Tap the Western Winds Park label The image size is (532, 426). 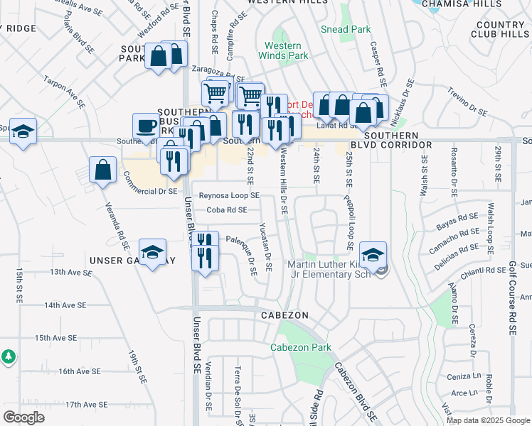pos(283,50)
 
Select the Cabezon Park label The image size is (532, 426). pos(300,348)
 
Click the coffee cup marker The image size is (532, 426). pos(147,126)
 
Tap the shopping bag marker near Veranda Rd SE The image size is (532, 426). pos(103,170)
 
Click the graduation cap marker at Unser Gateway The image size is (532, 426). pos(153,254)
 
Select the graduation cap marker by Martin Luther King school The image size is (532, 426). pos(373,254)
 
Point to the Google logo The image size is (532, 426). pos(23,417)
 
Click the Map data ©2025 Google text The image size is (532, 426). pos(487,420)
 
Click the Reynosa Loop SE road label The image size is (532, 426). pos(229,195)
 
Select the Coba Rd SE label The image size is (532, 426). pos(227,210)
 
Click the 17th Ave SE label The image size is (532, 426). pos(85,405)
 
